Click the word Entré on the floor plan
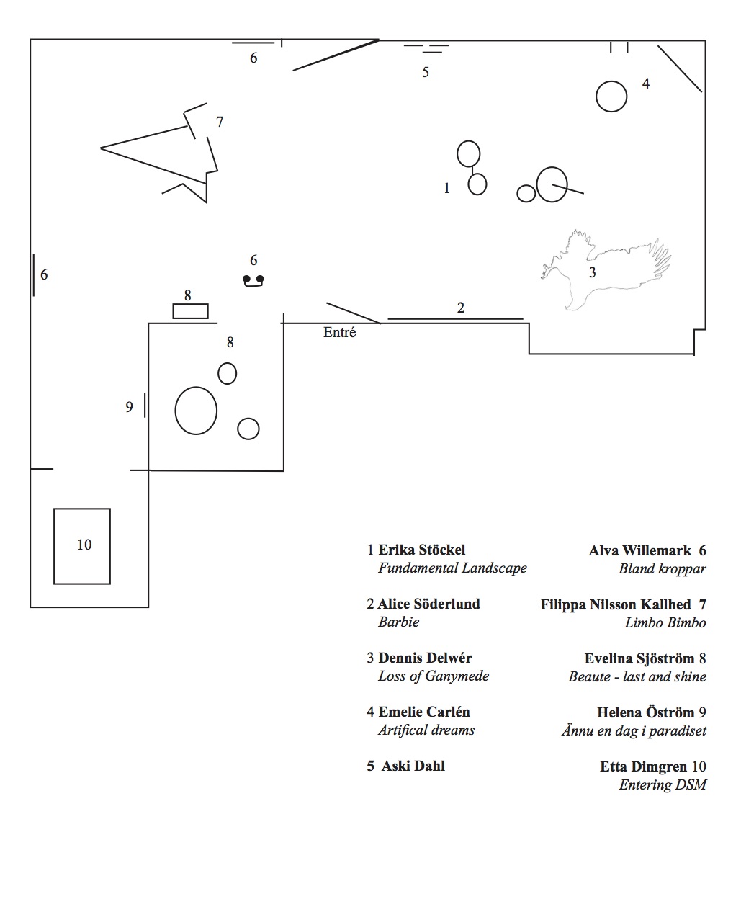pyautogui.click(x=339, y=333)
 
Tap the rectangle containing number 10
pyautogui.click(x=82, y=545)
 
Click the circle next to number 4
pyautogui.click(x=611, y=97)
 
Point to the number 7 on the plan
pyautogui.click(x=220, y=122)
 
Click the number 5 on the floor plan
pyautogui.click(x=426, y=72)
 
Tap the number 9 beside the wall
pyautogui.click(x=130, y=407)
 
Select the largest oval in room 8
pyautogui.click(x=196, y=411)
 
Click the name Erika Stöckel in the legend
pyautogui.click(x=422, y=550)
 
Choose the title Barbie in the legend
pyautogui.click(x=398, y=622)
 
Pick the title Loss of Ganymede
pyautogui.click(x=434, y=676)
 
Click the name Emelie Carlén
pyautogui.click(x=424, y=712)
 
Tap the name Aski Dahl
pyautogui.click(x=413, y=766)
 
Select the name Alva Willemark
pyautogui.click(x=640, y=550)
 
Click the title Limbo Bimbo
pyautogui.click(x=665, y=622)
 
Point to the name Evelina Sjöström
pyautogui.click(x=639, y=658)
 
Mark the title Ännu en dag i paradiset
pyautogui.click(x=634, y=730)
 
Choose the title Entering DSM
pyautogui.click(x=663, y=784)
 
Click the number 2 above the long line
pyautogui.click(x=461, y=308)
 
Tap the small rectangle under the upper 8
pyautogui.click(x=190, y=311)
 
